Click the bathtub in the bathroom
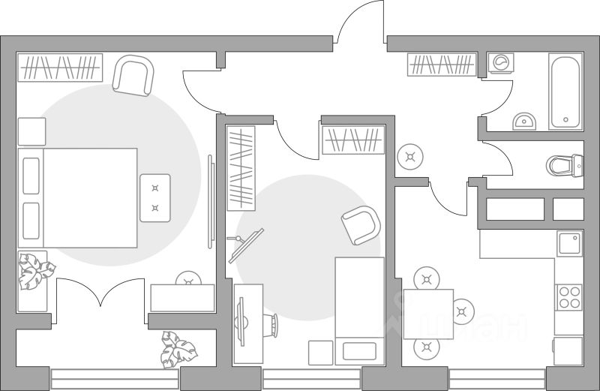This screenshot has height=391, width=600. (x=565, y=91)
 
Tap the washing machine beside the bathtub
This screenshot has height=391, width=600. (x=499, y=62)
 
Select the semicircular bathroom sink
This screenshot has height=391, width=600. (x=524, y=121)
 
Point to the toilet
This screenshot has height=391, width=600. (x=566, y=164)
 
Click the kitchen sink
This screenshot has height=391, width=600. (x=568, y=243)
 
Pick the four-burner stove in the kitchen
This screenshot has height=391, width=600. (x=568, y=297)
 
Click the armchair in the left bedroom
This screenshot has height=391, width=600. (x=134, y=76)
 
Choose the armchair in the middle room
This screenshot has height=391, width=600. (x=361, y=224)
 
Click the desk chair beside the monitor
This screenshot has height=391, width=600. (x=271, y=325)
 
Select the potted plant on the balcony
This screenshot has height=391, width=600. (x=178, y=350)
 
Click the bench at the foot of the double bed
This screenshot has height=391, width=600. (x=154, y=197)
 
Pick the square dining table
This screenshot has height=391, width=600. (x=428, y=312)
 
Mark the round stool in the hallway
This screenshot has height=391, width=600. (x=409, y=156)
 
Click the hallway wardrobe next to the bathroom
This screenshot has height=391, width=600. (x=442, y=65)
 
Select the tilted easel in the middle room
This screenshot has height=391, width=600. (x=245, y=242)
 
